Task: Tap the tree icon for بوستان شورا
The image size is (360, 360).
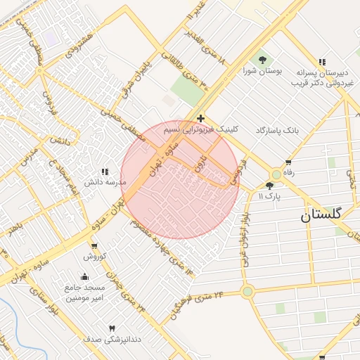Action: tap(262, 60)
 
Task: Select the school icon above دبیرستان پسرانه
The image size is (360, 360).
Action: tap(323, 62)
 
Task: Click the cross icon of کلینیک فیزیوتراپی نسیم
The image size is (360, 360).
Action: tap(201, 118)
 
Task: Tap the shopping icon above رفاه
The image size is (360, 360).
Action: tap(288, 163)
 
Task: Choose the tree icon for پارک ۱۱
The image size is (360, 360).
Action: tap(269, 186)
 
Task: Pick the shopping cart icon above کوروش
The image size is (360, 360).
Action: tap(94, 246)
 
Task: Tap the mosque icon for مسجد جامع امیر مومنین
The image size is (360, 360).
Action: tap(85, 277)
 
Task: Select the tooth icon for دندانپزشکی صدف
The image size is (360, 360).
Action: tap(111, 328)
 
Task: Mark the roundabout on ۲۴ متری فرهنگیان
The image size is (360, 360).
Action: tap(247, 291)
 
